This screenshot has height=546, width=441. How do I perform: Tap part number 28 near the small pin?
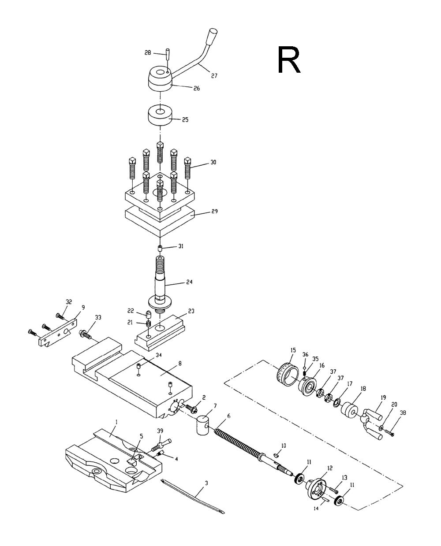[x=147, y=53]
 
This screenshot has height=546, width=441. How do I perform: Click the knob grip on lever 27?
[x=212, y=37]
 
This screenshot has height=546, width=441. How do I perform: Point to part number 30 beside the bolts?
[x=213, y=162]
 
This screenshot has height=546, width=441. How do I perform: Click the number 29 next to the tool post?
[x=214, y=211]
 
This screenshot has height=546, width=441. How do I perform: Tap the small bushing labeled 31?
[x=160, y=249]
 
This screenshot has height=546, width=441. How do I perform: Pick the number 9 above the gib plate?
[x=76, y=308]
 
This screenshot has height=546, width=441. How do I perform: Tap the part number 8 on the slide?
[x=180, y=364]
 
